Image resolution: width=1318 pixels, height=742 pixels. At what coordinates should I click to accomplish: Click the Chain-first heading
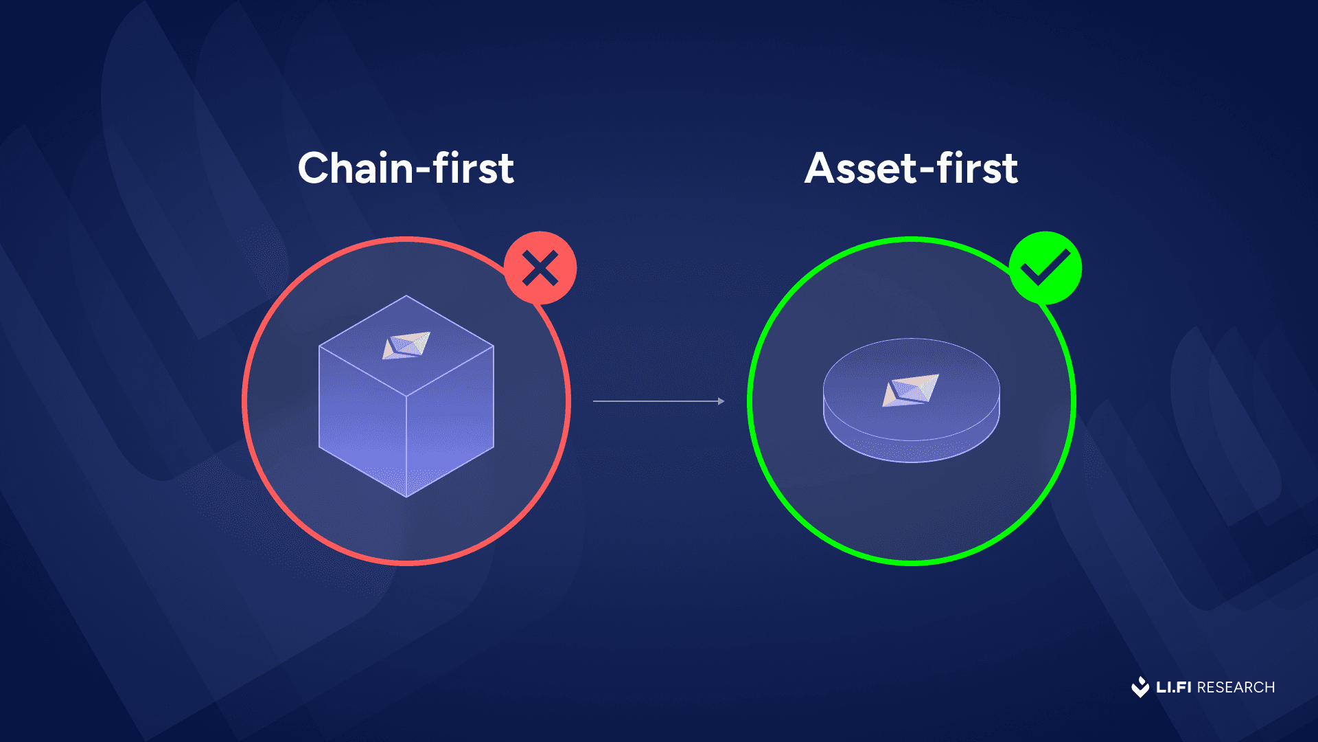point(406,168)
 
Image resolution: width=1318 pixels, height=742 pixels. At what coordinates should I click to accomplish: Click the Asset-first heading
point(911,168)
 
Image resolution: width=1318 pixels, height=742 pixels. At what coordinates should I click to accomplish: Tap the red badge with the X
point(540,268)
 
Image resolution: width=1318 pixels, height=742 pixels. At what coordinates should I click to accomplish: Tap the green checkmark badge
point(1045,268)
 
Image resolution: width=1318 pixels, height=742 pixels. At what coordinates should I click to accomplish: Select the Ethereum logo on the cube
point(406,346)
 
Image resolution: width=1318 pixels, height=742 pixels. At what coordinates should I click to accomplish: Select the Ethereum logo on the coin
point(910,390)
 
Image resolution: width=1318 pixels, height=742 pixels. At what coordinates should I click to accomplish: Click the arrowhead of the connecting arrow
point(721,401)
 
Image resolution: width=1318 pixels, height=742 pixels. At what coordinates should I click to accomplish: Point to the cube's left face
point(362,420)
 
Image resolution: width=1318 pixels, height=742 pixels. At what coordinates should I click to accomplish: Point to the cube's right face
point(450,420)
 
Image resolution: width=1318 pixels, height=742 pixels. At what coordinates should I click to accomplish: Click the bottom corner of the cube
point(406,497)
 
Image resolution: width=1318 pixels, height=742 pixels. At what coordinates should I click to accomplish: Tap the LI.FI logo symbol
point(1140,687)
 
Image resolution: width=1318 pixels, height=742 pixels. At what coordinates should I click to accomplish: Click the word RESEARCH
point(1236,687)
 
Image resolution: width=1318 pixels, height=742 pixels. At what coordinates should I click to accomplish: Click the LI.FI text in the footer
point(1174,687)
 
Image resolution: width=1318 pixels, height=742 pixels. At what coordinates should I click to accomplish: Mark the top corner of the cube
point(406,296)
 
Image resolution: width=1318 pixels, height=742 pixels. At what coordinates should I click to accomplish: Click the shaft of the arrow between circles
point(656,401)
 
